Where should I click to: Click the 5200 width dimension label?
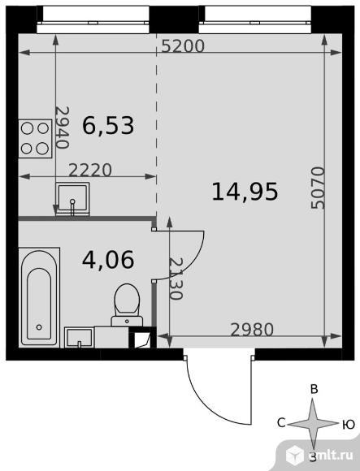(x=183, y=46)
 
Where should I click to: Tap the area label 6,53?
(x=108, y=126)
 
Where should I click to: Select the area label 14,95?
(x=245, y=192)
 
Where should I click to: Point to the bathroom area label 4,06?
(x=108, y=260)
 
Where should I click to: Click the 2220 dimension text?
(x=90, y=170)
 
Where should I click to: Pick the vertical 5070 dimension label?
(x=319, y=188)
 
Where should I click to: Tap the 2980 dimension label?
(x=252, y=330)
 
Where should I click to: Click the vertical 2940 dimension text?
(x=63, y=127)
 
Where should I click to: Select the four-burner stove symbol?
(x=35, y=139)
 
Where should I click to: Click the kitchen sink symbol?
(x=72, y=199)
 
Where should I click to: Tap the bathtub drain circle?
(x=39, y=326)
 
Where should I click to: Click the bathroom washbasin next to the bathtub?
(x=79, y=338)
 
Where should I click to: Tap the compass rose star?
(x=313, y=424)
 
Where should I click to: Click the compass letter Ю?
(x=349, y=425)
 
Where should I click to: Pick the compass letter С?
(x=281, y=423)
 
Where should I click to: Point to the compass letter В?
(x=314, y=389)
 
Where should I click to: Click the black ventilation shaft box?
(x=143, y=338)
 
